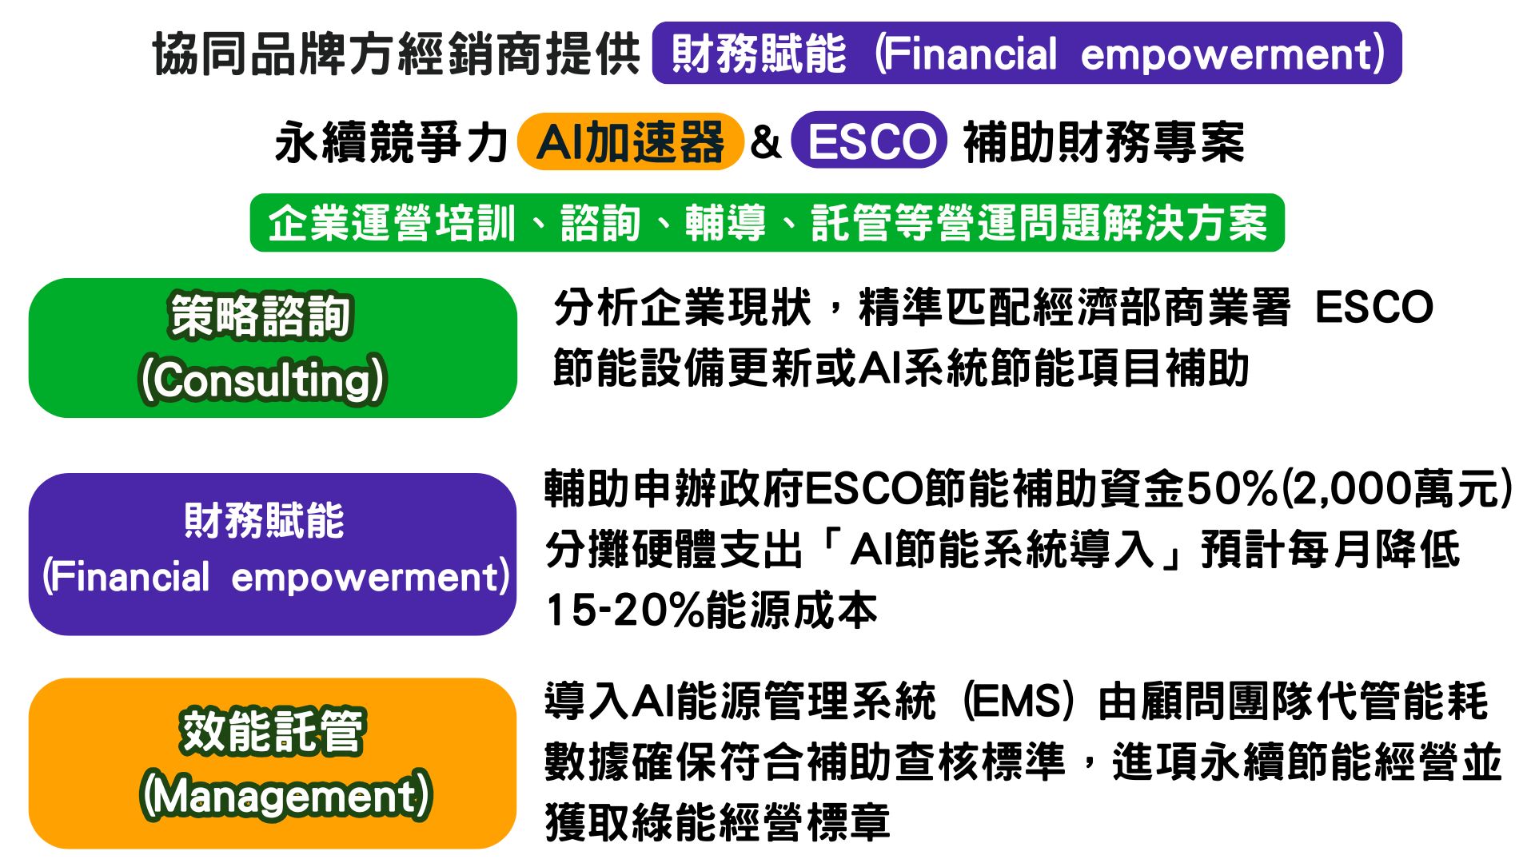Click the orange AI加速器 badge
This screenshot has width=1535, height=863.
click(631, 141)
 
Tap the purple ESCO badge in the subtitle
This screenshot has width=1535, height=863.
click(870, 141)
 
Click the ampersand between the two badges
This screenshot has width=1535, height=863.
click(766, 141)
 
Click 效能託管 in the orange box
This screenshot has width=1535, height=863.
click(273, 731)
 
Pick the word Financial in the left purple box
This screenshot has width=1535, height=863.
click(132, 575)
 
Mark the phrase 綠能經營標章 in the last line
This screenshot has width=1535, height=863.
click(760, 822)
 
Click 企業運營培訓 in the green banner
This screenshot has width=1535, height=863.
click(392, 223)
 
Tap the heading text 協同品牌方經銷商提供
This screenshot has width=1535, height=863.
click(397, 54)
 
